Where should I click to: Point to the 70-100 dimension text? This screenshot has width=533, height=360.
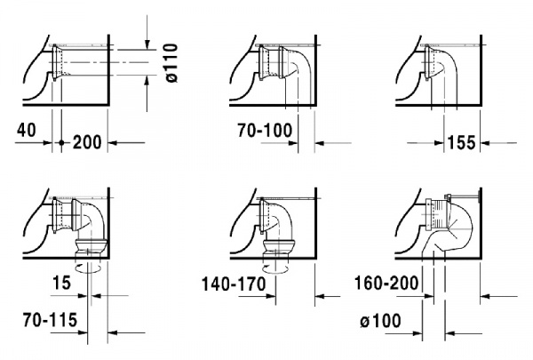point(264,129)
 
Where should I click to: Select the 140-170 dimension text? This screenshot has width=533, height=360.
point(235,287)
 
